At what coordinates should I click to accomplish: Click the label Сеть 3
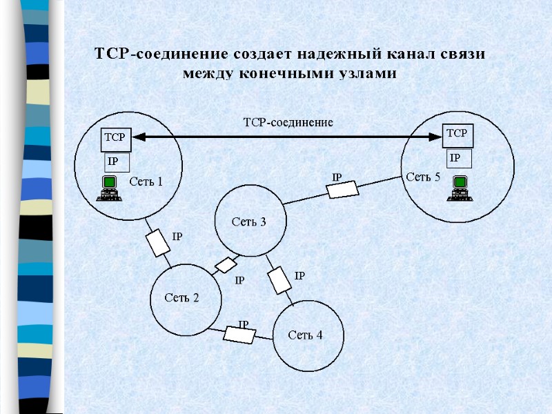(248, 222)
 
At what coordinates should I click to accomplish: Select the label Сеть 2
(181, 298)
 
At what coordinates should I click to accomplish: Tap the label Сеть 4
(305, 335)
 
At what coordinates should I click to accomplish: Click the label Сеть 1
(146, 182)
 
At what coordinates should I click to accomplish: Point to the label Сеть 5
(422, 177)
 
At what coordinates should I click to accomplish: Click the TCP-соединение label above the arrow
(288, 123)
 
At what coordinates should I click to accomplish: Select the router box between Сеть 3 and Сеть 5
(342, 190)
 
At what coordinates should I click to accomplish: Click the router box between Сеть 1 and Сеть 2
(159, 242)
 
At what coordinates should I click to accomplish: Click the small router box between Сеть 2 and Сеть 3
(226, 265)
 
